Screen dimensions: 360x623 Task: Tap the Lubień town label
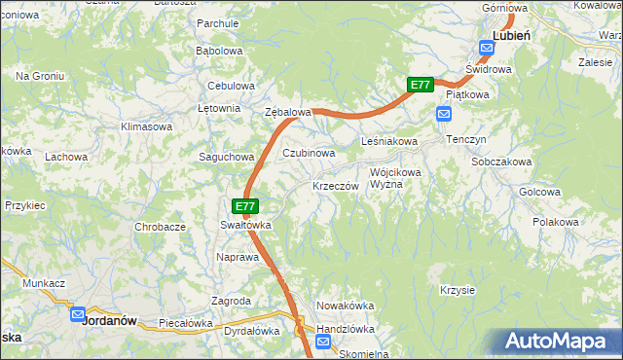[511, 34]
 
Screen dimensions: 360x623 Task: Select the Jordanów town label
[107, 318]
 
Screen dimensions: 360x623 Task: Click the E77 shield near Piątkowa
[420, 85]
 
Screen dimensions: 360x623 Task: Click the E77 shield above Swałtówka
[245, 206]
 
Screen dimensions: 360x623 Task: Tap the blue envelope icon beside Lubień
[485, 47]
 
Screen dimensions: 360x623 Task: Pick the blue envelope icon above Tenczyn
[444, 115]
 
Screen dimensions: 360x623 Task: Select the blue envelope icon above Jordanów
[78, 313]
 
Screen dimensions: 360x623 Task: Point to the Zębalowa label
[288, 112]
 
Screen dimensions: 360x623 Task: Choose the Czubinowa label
[309, 153]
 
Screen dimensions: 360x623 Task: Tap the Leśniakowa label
[389, 142]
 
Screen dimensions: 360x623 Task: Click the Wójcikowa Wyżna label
[395, 178]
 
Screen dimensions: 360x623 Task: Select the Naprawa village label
[238, 258]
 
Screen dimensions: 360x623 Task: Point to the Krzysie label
[457, 290]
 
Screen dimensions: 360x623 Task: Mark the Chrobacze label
[161, 227]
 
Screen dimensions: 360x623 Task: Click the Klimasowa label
[146, 126]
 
